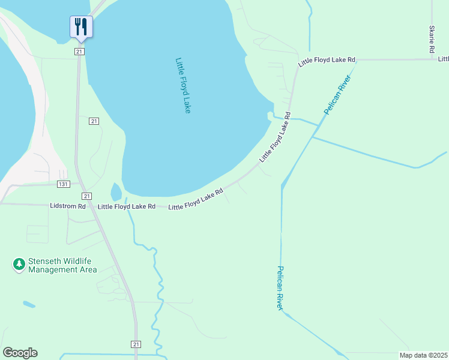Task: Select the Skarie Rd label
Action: click(431, 40)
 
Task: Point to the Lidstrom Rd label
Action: click(66, 206)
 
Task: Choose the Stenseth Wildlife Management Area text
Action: click(62, 266)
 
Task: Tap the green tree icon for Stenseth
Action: click(19, 264)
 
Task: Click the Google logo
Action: click(20, 353)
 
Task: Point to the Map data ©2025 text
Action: click(423, 355)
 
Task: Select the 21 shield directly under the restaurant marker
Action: click(79, 52)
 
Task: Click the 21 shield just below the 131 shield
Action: click(87, 196)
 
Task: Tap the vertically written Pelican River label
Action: click(280, 287)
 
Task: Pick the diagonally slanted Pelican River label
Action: click(337, 91)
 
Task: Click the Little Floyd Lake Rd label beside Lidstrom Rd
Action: click(127, 206)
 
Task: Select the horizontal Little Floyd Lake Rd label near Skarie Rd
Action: click(327, 61)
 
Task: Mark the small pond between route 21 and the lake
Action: click(116, 193)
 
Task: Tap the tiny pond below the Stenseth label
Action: click(29, 304)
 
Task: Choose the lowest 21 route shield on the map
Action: click(136, 344)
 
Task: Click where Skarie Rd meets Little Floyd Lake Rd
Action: click(432, 59)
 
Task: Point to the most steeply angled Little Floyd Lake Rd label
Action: click(276, 136)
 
